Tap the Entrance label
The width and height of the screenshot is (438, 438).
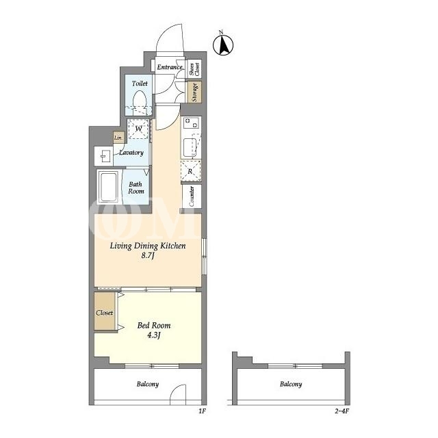[x=170, y=67]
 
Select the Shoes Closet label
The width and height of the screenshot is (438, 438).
[x=194, y=68]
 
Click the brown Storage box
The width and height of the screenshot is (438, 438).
[x=194, y=92]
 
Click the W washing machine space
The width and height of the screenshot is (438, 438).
[x=138, y=129]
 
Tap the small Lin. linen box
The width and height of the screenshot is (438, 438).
[x=118, y=138]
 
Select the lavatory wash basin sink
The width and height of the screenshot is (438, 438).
[x=103, y=155]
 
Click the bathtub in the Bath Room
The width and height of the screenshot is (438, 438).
[x=109, y=187]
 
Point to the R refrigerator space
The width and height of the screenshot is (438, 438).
[x=191, y=171]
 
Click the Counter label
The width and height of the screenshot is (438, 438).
[x=192, y=196]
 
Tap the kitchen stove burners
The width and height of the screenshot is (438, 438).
[x=192, y=123]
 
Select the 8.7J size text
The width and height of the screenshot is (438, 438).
[x=148, y=255]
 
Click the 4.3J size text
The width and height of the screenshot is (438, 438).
[x=153, y=335]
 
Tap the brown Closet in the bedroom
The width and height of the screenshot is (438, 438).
[x=105, y=311]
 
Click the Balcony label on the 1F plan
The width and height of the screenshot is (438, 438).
[x=148, y=385]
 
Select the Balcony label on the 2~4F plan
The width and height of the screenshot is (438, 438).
[x=291, y=385]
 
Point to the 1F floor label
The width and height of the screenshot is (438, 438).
[x=202, y=411]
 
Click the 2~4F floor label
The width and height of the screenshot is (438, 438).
[x=342, y=411]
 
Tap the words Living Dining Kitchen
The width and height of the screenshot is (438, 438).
[x=148, y=246]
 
